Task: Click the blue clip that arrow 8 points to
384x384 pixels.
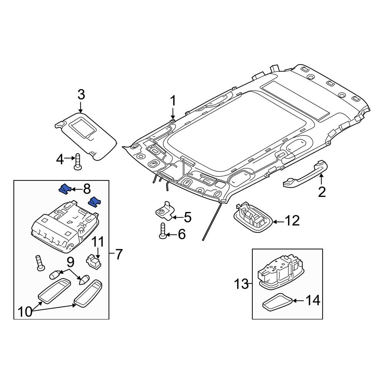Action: pyautogui.click(x=64, y=189)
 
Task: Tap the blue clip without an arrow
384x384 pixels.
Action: pyautogui.click(x=94, y=202)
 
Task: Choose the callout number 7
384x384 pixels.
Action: pyautogui.click(x=119, y=254)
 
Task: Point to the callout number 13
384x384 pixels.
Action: pyautogui.click(x=242, y=285)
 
